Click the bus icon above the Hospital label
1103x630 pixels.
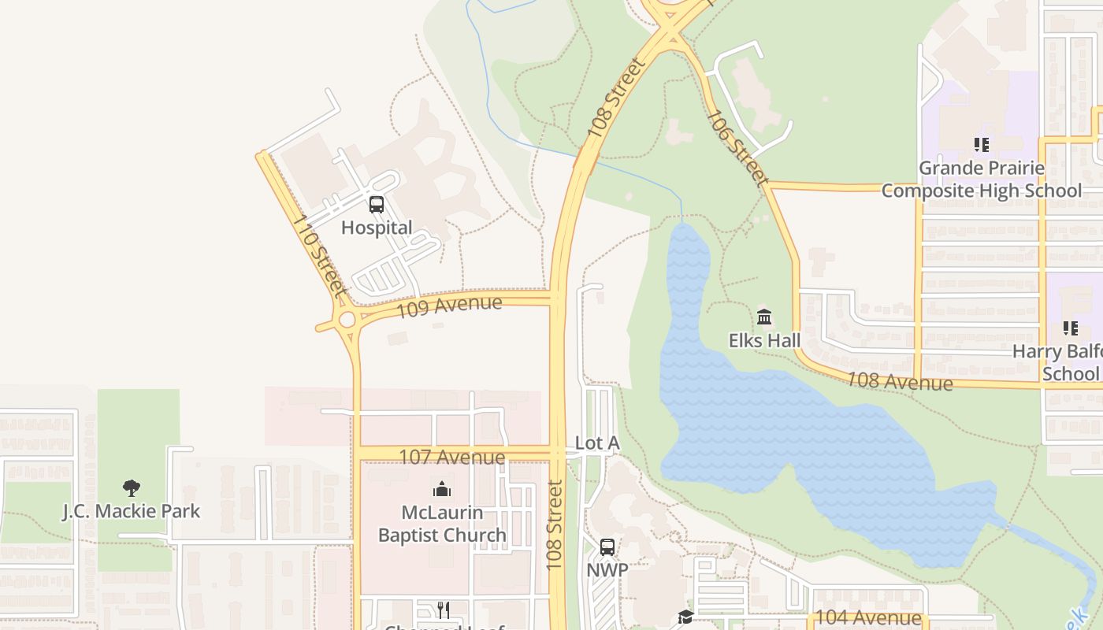(x=377, y=205)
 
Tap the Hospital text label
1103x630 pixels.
(x=377, y=228)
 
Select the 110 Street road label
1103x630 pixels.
(x=319, y=256)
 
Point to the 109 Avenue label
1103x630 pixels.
(x=448, y=306)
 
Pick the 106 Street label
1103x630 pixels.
(x=737, y=148)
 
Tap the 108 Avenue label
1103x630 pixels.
(x=899, y=382)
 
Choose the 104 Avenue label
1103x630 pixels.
(x=867, y=618)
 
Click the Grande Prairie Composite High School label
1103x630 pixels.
(x=982, y=180)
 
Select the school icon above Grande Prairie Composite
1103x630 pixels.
(x=982, y=145)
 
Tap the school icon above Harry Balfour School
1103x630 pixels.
(x=1070, y=328)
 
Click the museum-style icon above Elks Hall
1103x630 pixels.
(x=764, y=317)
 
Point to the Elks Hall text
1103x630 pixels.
(x=764, y=340)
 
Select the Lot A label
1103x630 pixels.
(x=597, y=443)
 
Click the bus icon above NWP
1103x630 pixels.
(x=607, y=547)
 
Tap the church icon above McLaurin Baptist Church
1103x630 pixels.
(x=442, y=489)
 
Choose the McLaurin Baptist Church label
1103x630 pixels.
(x=442, y=524)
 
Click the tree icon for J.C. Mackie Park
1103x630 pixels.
(x=132, y=488)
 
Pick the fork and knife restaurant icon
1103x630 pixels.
(x=443, y=610)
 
